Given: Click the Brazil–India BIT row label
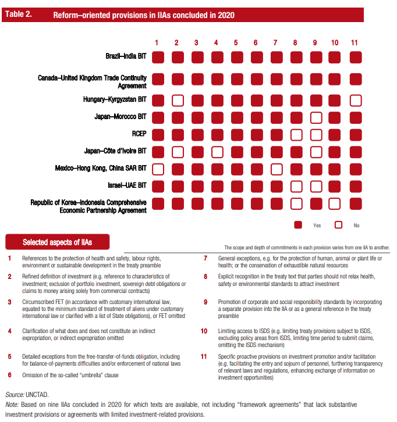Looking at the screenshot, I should [126, 58].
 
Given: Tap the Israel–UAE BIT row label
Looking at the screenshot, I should [126, 186].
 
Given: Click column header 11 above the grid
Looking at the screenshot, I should [355, 42].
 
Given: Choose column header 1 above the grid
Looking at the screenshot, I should [157, 42].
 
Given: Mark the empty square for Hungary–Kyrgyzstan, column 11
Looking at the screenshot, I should [355, 101].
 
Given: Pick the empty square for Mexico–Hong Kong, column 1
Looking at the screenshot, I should [157, 169].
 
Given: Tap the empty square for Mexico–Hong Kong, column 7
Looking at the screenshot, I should [275, 169].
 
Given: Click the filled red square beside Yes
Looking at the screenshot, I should [299, 224].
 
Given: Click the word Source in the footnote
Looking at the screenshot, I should [15, 394].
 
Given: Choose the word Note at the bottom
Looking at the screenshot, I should [11, 404].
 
